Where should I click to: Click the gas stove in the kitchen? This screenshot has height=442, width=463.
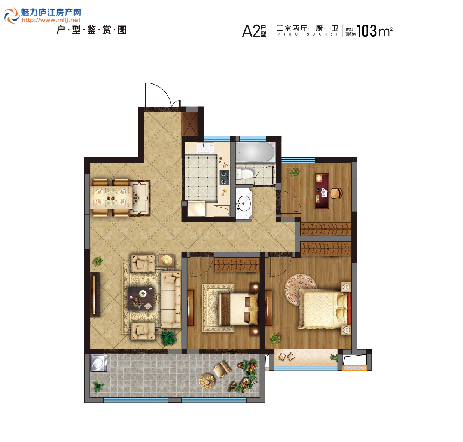tap(224, 177)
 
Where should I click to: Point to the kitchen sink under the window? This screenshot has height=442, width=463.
tap(205, 147)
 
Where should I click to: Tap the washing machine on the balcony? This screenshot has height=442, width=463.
tap(99, 363)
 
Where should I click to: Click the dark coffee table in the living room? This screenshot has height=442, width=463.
tap(141, 298)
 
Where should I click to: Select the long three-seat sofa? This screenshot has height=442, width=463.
tap(171, 300)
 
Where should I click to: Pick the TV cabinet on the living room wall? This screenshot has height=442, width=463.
tap(95, 295)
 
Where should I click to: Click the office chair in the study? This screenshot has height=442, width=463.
tap(336, 192)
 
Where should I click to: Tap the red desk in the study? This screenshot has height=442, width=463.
tap(322, 191)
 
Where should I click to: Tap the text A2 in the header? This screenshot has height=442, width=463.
tap(251, 31)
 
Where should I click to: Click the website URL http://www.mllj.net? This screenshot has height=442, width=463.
tap(51, 20)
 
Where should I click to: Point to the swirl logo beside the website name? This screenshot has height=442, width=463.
tap(12, 15)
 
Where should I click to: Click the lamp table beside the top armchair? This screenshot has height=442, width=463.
tap(166, 260)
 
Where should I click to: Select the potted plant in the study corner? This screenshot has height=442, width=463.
tap(295, 172)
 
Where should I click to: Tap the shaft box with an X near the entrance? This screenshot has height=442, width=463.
tap(190, 124)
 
